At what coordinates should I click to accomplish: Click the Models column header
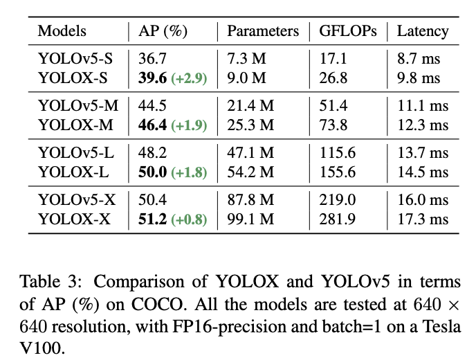coord(62,31)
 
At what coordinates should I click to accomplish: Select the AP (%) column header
coord(163,31)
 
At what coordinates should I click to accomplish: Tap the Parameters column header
coord(263,31)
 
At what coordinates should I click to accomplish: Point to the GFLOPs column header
coord(348,31)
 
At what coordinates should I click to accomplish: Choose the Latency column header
coord(422,31)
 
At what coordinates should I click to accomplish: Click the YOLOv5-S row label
coord(73,60)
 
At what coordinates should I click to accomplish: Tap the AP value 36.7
coord(152,60)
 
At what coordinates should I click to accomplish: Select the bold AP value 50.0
coord(152,172)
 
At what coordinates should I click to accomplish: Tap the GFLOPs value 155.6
coord(338,172)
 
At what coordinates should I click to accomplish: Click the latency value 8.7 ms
coord(418,60)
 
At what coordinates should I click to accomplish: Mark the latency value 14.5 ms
coord(422,172)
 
